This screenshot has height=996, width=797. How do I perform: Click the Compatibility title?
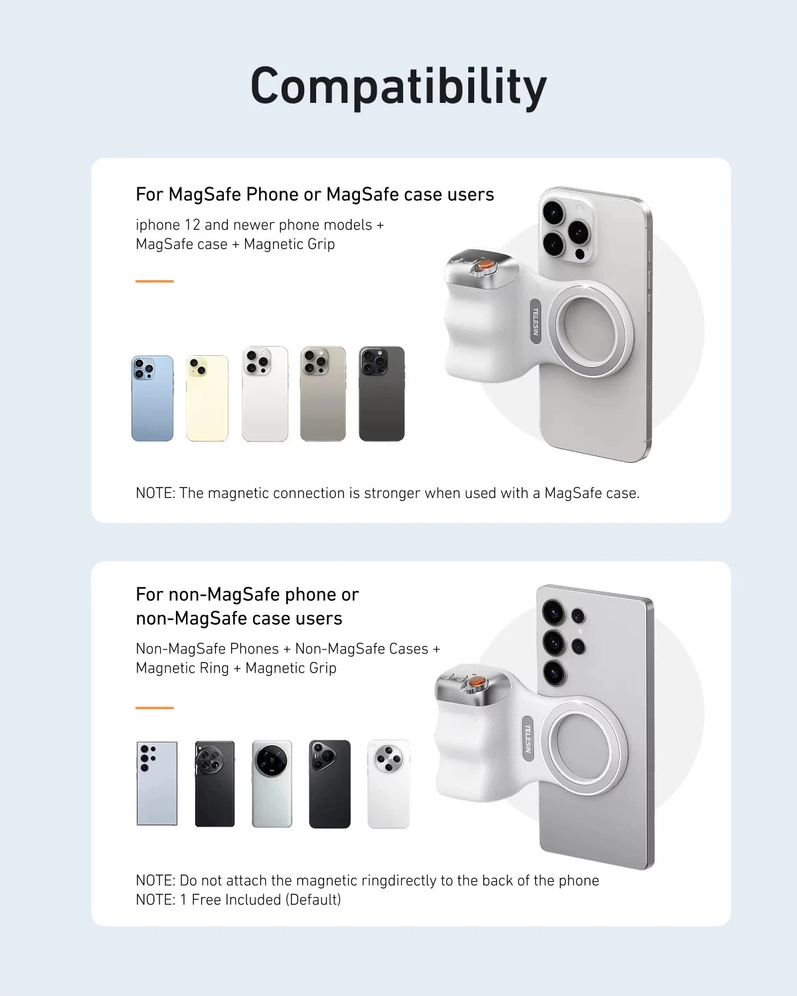pyautogui.click(x=398, y=86)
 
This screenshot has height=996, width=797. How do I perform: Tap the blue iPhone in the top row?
pyautogui.click(x=152, y=398)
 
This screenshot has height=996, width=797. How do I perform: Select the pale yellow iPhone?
pyautogui.click(x=207, y=398)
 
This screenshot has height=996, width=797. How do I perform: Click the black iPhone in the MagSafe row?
pyautogui.click(x=381, y=394)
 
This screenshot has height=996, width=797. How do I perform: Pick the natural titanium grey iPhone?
pyautogui.click(x=323, y=394)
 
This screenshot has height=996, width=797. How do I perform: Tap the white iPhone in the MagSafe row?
pyautogui.click(x=265, y=394)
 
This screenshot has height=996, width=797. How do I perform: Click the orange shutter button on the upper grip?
pyautogui.click(x=486, y=265)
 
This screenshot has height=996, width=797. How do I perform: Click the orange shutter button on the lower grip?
pyautogui.click(x=476, y=682)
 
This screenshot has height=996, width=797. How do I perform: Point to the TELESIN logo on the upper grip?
pyautogui.click(x=535, y=321)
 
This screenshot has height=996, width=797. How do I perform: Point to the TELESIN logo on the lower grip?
pyautogui.click(x=527, y=738)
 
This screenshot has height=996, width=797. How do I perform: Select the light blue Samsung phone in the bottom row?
pyautogui.click(x=157, y=784)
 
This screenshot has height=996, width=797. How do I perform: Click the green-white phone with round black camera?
pyautogui.click(x=272, y=784)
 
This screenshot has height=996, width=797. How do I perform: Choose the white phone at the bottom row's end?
pyautogui.click(x=389, y=784)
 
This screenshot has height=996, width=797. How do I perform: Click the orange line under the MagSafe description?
pyautogui.click(x=154, y=281)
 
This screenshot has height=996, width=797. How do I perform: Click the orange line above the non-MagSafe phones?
pyautogui.click(x=154, y=708)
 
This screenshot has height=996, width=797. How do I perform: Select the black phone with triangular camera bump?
pyautogui.click(x=329, y=784)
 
